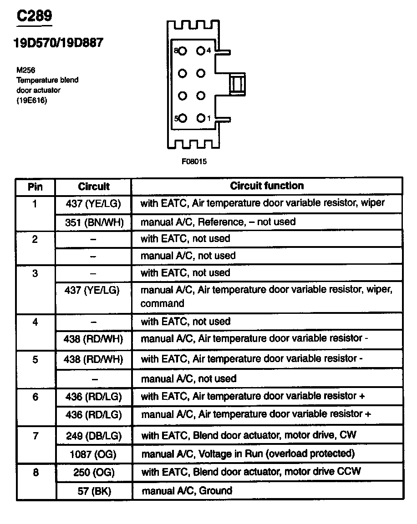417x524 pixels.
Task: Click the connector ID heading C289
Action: click(35, 16)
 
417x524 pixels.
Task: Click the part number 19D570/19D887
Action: click(58, 43)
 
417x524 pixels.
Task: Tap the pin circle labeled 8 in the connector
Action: click(183, 51)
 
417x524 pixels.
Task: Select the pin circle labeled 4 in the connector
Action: click(201, 51)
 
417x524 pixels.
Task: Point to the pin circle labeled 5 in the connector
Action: click(183, 118)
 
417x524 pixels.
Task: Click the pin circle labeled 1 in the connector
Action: click(201, 118)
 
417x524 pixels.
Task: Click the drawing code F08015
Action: click(194, 161)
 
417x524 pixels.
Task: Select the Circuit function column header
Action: click(267, 186)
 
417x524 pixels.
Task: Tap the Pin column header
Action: click(35, 186)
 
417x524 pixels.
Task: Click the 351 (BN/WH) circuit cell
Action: click(94, 222)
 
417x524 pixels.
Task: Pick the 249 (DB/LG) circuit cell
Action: click(94, 435)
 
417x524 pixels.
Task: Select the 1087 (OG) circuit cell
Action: click(94, 453)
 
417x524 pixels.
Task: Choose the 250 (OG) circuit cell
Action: click(94, 472)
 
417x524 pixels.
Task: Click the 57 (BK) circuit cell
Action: click(94, 491)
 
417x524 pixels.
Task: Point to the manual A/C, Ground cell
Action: click(187, 491)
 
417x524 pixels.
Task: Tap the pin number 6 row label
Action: click(35, 397)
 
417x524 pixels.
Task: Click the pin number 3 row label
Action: click(35, 273)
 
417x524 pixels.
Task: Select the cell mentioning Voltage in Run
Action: click(248, 453)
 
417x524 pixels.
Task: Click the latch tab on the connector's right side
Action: click(237, 84)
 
